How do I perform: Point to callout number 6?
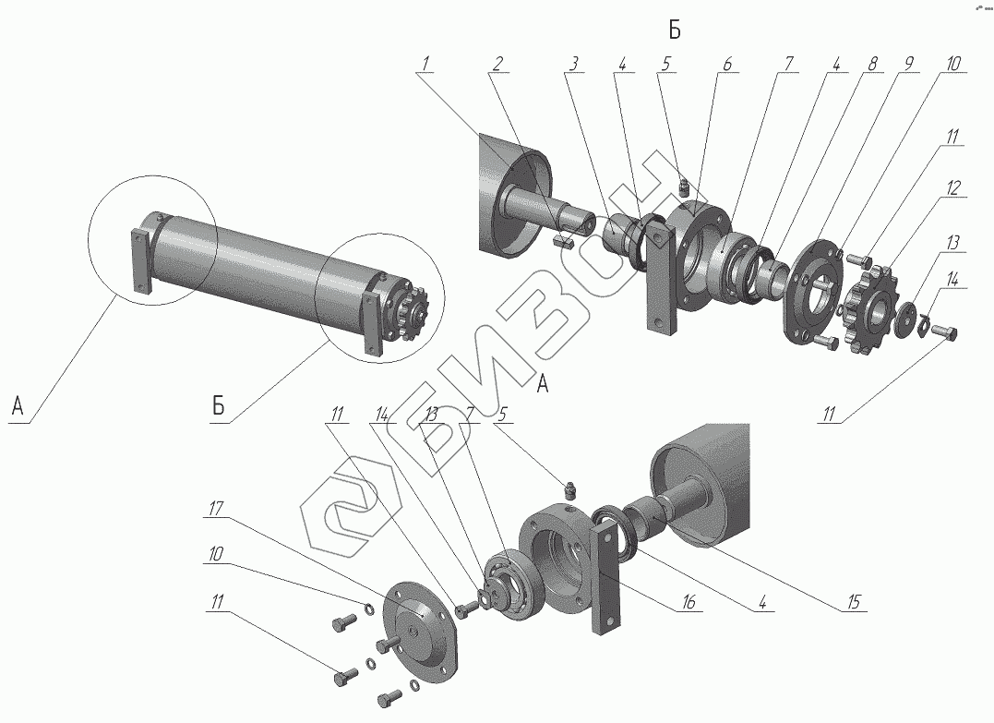(726, 64)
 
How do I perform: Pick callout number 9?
(908, 64)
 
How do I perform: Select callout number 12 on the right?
(952, 188)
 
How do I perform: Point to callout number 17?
(217, 507)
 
